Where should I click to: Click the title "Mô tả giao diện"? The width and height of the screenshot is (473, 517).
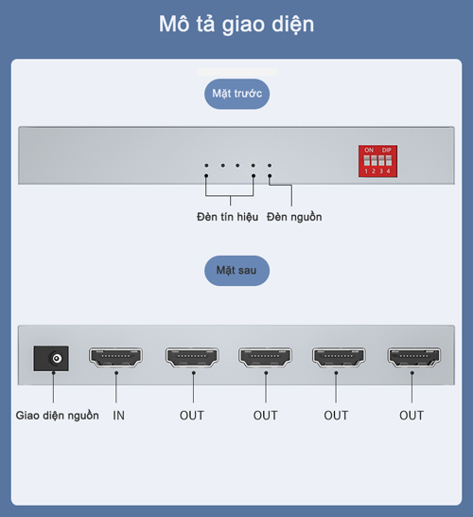[236, 25]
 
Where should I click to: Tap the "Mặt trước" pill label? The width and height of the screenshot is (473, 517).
[236, 94]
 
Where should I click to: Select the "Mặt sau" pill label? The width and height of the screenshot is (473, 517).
[236, 271]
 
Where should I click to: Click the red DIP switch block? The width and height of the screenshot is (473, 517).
[377, 161]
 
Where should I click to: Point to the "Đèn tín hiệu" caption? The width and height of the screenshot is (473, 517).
[227, 217]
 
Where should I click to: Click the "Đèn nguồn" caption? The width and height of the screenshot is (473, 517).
[294, 217]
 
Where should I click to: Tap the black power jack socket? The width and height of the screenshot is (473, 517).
[51, 359]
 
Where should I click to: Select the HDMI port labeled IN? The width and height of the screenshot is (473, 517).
[115, 357]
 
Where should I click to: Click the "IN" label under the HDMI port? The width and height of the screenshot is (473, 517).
[119, 416]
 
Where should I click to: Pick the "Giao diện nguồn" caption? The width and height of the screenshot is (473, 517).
[58, 416]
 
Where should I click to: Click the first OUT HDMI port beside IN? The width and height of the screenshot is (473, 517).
[192, 357]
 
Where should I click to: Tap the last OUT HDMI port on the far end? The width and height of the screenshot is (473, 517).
[414, 357]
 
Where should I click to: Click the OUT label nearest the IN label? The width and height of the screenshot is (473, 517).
[192, 416]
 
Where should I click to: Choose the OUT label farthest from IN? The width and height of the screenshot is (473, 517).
[412, 416]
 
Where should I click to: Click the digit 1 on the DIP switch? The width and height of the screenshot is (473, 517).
[366, 171]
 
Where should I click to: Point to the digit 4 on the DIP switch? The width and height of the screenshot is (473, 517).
[389, 171]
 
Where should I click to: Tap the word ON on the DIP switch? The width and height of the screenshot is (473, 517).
[369, 150]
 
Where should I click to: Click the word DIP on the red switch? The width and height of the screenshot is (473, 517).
[387, 150]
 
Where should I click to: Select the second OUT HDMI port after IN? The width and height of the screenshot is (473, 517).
[265, 357]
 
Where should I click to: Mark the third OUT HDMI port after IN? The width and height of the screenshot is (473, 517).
[339, 357]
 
